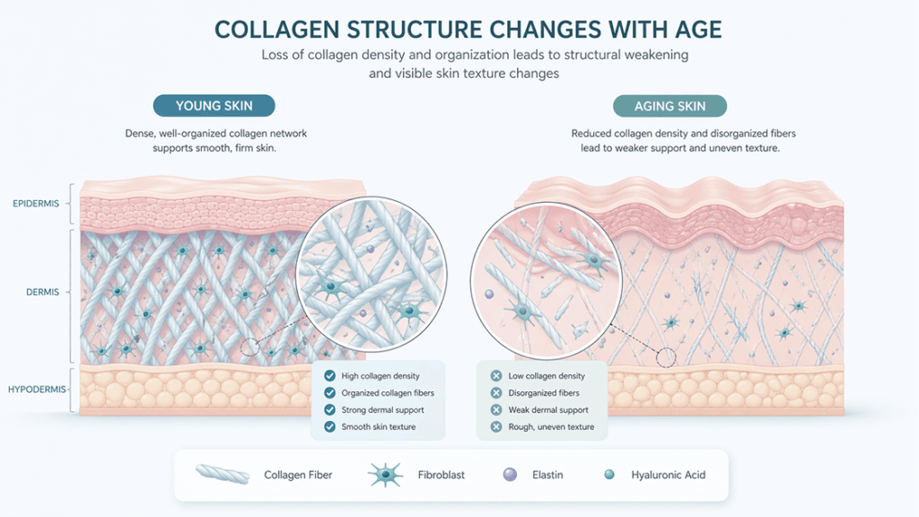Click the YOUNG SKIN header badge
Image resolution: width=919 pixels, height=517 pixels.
pos(214,106)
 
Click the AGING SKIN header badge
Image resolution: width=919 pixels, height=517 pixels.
pos(670,106)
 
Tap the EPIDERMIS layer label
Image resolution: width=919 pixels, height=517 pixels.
pos(37,204)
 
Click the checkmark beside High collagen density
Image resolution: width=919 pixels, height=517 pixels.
pos(329,376)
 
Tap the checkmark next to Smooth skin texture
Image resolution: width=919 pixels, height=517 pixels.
pos(329,426)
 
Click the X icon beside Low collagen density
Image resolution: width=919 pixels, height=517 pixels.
pos(495,376)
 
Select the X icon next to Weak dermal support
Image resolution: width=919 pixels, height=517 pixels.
pos(495,409)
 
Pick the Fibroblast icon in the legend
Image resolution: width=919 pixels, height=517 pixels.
pos(383,475)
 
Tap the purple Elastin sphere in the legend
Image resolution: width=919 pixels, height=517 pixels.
pos(510,474)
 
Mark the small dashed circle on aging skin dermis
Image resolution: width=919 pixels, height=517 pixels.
pos(666,357)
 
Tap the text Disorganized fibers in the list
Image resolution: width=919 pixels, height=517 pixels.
pos(544,393)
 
